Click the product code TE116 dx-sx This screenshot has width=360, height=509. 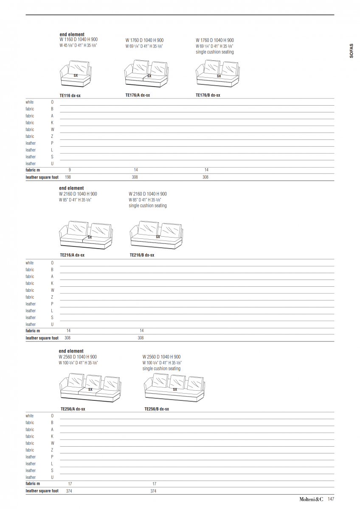click(x=70, y=96)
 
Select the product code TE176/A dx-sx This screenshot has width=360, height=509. click(x=138, y=95)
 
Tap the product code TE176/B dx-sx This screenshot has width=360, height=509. click(x=208, y=95)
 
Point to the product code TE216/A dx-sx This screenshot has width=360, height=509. click(x=72, y=255)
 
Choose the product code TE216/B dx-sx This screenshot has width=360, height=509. click(x=142, y=255)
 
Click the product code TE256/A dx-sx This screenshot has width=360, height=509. click(x=73, y=409)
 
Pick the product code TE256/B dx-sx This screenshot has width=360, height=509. click(x=157, y=409)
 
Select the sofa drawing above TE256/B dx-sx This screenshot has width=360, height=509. click(x=174, y=388)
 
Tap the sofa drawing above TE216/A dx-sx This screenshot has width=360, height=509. click(x=87, y=235)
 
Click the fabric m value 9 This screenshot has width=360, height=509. click(x=70, y=170)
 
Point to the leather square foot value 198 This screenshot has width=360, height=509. click(x=68, y=177)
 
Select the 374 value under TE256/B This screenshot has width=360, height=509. click(x=153, y=491)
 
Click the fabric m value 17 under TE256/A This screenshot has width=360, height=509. click(x=70, y=484)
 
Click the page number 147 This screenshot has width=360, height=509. click(x=331, y=499)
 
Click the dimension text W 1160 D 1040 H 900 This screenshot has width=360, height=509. click(x=79, y=39)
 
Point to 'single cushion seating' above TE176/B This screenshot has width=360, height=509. click(x=214, y=52)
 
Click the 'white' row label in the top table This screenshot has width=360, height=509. click(x=29, y=102)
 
